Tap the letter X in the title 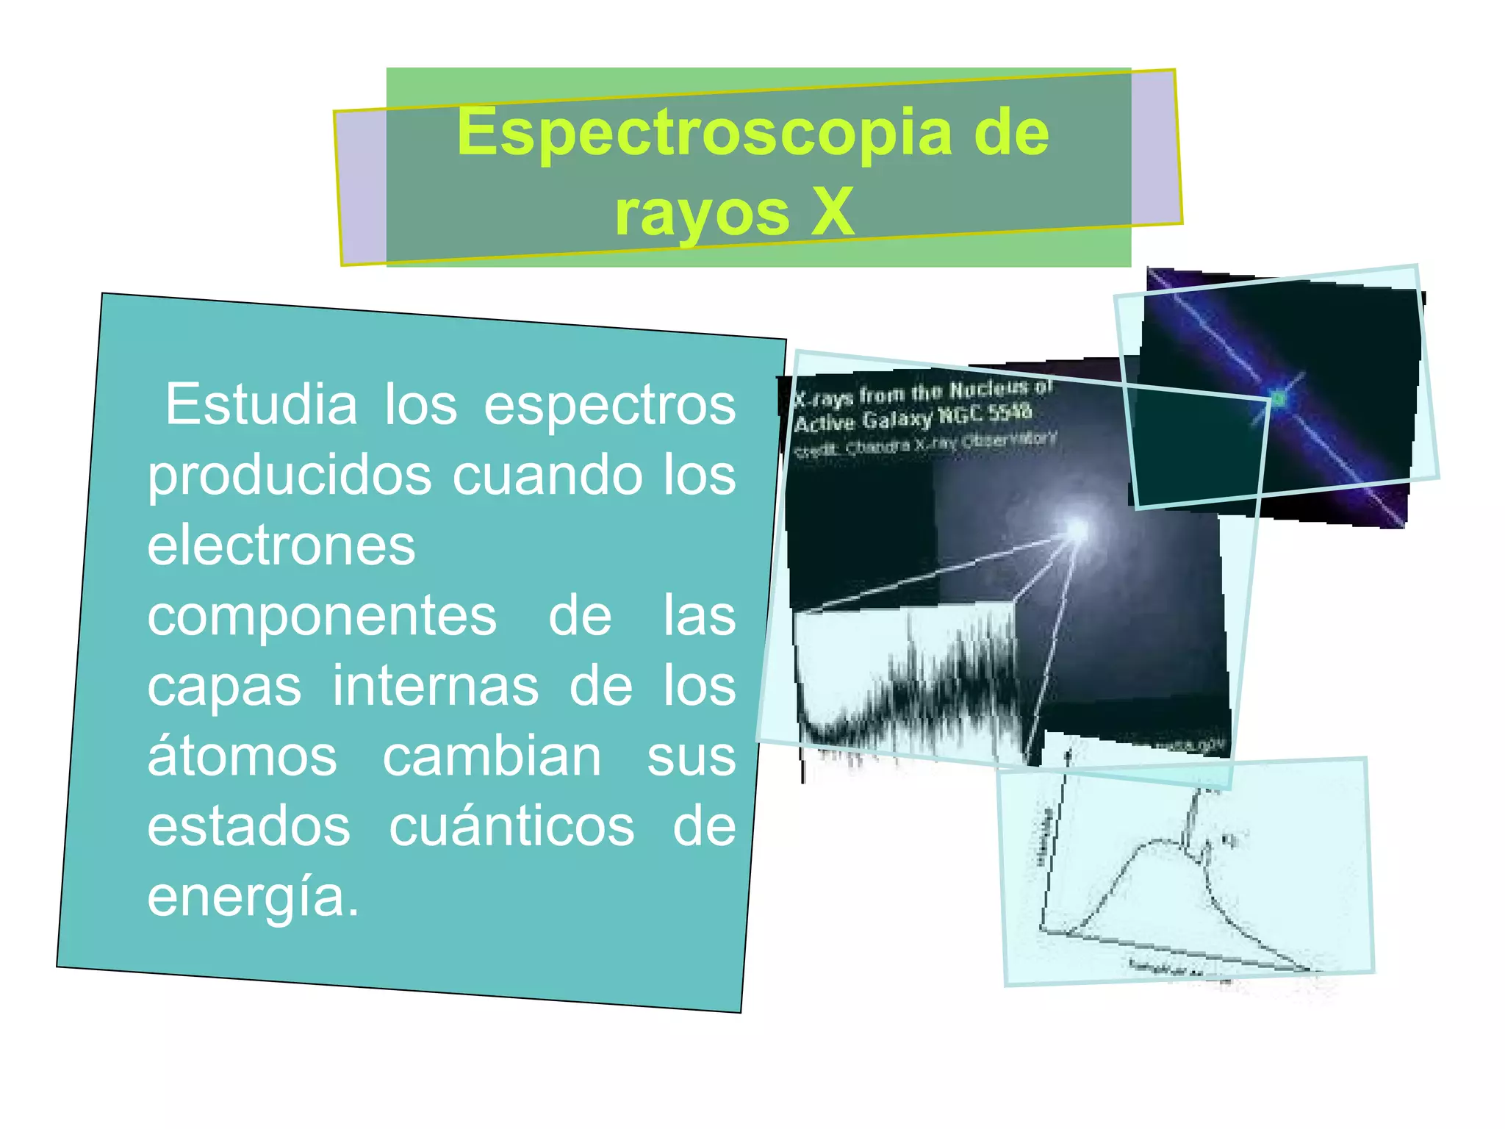(x=832, y=213)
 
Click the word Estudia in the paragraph (x=261, y=404)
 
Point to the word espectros (x=609, y=406)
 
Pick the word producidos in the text (x=290, y=476)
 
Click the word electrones (x=281, y=545)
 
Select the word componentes (x=322, y=616)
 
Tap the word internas (x=436, y=686)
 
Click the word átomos (x=243, y=756)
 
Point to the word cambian (x=492, y=756)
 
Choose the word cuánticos (x=511, y=827)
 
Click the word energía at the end (x=253, y=897)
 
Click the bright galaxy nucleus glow (x=1076, y=529)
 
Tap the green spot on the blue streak (x=1279, y=399)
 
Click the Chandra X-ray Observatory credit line (x=926, y=444)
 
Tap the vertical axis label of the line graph (x=1044, y=838)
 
